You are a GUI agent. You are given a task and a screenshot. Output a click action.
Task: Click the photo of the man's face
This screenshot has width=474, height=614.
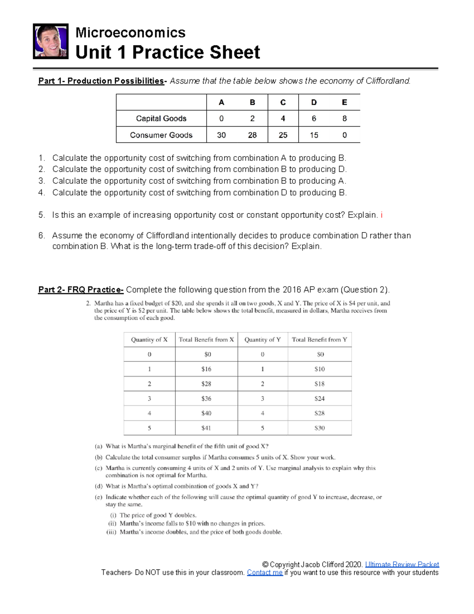(51, 41)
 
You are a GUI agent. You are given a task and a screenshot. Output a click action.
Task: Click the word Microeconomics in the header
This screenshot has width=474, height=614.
(130, 32)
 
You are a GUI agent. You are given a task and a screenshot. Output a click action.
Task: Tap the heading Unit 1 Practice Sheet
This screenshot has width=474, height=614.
(167, 52)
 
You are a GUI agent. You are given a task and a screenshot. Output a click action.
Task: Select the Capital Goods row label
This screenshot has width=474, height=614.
(161, 118)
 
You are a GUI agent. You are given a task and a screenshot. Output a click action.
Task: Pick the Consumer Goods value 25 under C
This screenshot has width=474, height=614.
(283, 135)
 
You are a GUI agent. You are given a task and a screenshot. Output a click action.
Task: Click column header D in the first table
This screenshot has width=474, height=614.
(314, 102)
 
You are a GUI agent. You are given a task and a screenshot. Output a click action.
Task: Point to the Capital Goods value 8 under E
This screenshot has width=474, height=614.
(344, 118)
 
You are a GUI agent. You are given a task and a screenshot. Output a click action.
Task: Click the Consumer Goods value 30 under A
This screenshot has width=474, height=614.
(221, 135)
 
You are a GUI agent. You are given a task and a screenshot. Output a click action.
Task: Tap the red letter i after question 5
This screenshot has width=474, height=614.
(382, 215)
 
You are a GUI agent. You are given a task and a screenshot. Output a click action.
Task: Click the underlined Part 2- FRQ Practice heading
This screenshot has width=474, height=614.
(81, 290)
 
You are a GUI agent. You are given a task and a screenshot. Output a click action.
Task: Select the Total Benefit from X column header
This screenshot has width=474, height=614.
(206, 340)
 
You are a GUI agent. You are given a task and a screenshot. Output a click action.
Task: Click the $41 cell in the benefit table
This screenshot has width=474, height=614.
(206, 428)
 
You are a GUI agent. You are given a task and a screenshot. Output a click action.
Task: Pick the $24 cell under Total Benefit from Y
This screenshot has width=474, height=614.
(320, 399)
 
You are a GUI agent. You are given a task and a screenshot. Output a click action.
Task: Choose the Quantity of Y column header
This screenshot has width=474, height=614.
(262, 340)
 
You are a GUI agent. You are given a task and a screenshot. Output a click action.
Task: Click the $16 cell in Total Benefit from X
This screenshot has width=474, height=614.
(206, 369)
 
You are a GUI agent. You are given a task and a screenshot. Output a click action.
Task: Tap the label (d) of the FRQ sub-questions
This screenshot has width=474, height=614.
(99, 486)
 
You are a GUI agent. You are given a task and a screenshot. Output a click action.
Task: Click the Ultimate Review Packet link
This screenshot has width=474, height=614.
(402, 564)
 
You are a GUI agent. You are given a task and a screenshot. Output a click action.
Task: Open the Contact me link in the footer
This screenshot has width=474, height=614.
(265, 572)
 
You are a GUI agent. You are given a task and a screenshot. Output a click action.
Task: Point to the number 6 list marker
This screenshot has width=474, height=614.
(41, 236)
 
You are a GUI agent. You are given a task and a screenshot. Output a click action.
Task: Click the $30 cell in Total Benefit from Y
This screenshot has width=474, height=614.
(320, 428)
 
